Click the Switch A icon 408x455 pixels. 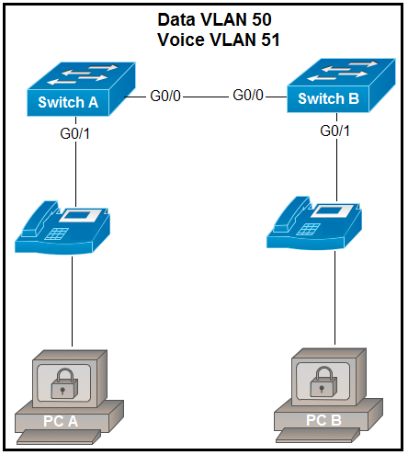81,89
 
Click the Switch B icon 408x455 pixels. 341,85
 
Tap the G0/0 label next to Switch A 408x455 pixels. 165,96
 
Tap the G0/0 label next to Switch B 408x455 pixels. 248,95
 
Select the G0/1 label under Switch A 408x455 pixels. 75,134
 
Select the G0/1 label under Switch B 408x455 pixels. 334,131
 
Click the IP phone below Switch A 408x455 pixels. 62,227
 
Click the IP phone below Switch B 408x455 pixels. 314,223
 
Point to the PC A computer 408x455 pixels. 70,397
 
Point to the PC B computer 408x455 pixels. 328,395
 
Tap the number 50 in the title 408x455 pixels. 262,19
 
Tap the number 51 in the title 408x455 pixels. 270,40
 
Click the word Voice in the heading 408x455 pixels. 181,40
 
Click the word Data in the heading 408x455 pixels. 176,19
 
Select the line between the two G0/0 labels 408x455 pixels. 206,97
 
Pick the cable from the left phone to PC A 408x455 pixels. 73,301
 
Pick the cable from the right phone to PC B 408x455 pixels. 334,298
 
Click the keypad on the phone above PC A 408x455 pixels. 57,233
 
